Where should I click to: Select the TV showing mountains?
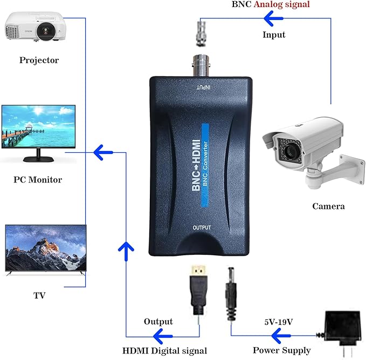click(45, 251)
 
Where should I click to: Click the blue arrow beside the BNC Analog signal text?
click(274, 19)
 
